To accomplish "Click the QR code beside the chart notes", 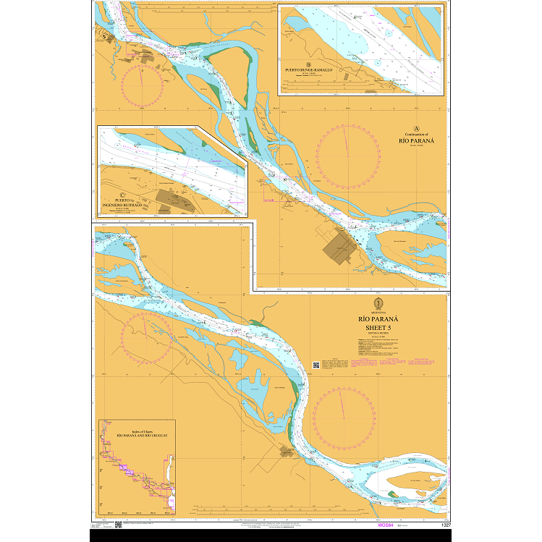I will click(316, 365).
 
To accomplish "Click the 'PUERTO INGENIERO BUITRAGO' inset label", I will click(127, 204).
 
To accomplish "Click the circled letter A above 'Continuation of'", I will click(415, 126).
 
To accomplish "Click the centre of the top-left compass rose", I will click(143, 85).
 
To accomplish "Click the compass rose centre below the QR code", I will click(344, 416).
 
